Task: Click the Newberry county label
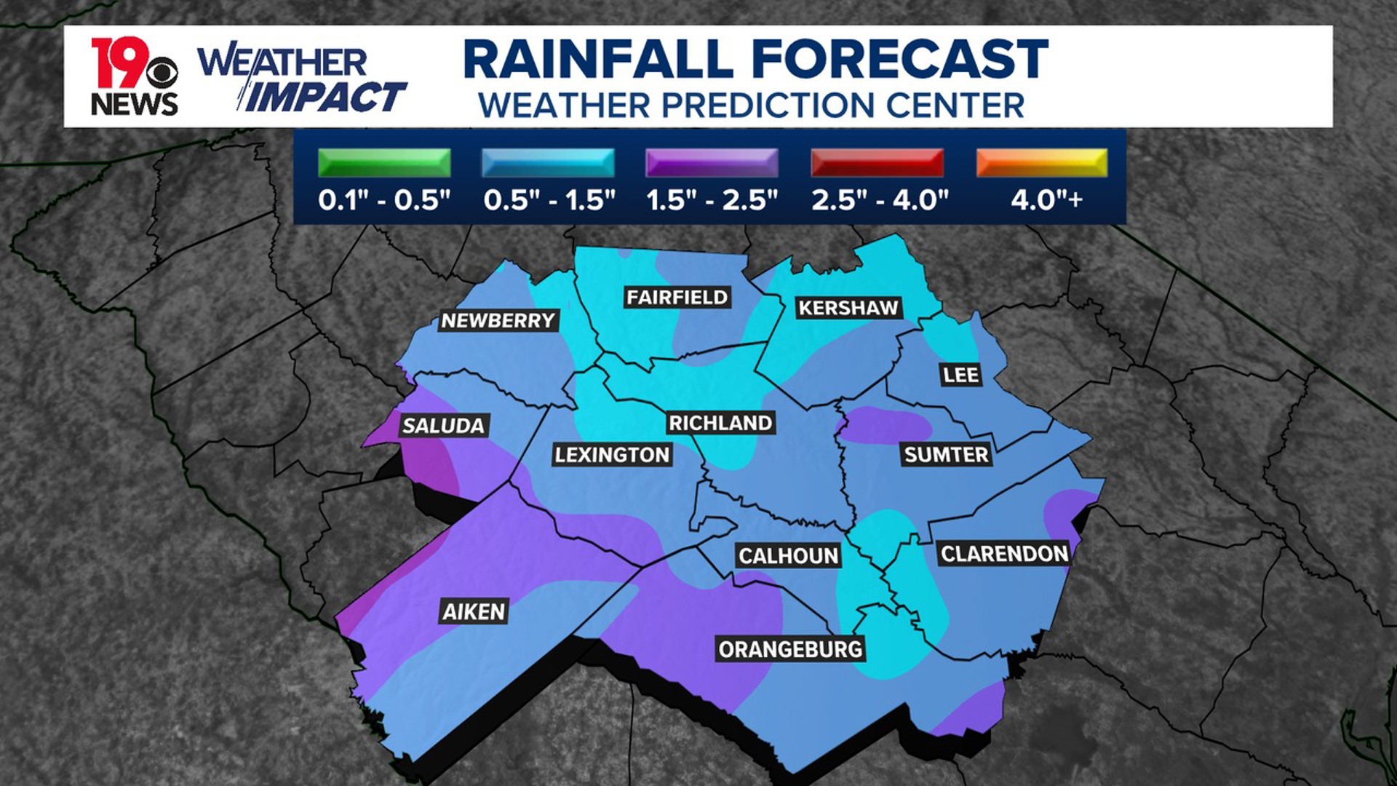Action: (x=498, y=320)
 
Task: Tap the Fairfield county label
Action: (x=677, y=297)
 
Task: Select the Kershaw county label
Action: (x=848, y=308)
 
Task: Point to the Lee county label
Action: (x=960, y=375)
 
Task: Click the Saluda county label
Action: (x=443, y=426)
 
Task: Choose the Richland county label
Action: (x=720, y=423)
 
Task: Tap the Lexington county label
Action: (x=612, y=455)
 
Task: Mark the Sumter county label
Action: (x=946, y=455)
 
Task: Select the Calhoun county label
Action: (x=789, y=556)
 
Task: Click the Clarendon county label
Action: (x=1004, y=554)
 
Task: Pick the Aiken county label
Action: (x=474, y=612)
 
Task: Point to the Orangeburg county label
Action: (x=790, y=649)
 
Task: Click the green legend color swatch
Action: (x=384, y=162)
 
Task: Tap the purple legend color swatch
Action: (x=712, y=162)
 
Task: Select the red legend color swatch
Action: (x=877, y=162)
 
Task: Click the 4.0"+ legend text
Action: (x=1046, y=199)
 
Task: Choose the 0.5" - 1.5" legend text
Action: (x=549, y=199)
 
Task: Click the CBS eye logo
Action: (x=162, y=74)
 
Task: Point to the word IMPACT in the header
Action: (x=325, y=98)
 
